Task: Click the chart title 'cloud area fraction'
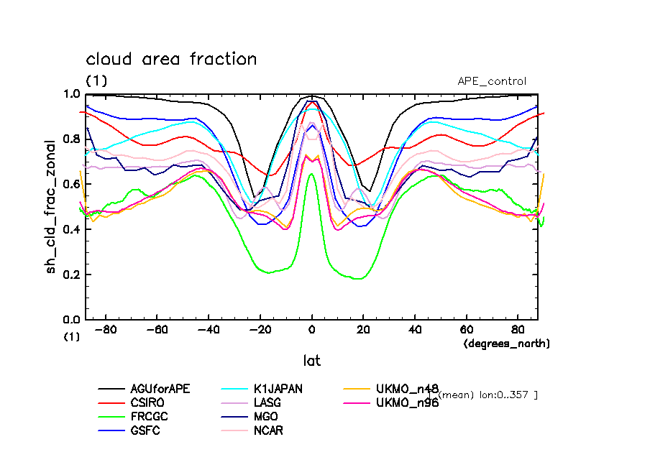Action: click(171, 59)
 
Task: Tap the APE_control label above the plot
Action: click(492, 81)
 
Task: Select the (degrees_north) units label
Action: click(506, 344)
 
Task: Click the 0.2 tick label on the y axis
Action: click(71, 275)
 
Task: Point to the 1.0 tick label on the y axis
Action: click(71, 94)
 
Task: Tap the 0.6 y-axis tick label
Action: click(71, 185)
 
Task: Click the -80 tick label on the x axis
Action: click(106, 331)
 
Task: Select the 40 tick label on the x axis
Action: click(415, 331)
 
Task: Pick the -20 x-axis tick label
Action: click(260, 331)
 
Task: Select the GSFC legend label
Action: click(146, 430)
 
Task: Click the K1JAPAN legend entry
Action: click(276, 389)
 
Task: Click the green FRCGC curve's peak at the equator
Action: click(311, 174)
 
